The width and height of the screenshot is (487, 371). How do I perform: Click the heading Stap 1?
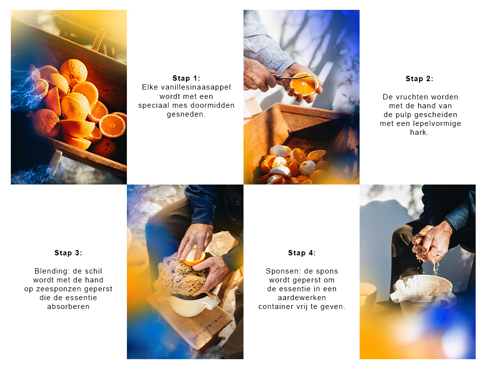[x=186, y=78]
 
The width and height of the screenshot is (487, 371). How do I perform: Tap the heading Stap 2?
[x=419, y=79]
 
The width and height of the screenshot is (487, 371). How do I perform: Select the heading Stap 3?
[x=68, y=253]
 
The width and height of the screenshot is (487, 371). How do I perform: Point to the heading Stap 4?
[x=302, y=253]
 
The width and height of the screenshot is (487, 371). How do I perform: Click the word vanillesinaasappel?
[x=196, y=87]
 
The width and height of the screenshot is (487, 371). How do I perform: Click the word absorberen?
[x=68, y=307]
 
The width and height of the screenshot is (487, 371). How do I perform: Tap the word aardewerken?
[x=302, y=298]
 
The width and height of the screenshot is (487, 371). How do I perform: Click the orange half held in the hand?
[x=304, y=85]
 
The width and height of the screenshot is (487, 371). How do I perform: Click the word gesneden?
[x=186, y=114]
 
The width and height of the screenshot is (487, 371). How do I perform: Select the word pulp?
[x=403, y=115]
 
